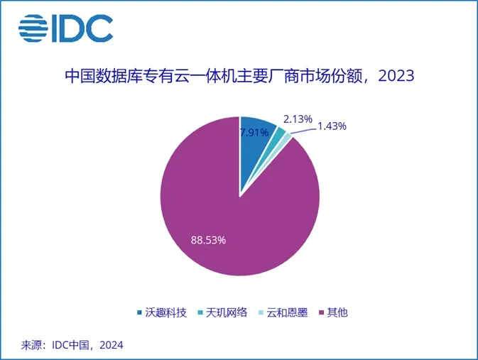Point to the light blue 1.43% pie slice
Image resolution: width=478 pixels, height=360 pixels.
287,138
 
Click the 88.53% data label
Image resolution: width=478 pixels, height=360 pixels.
208,240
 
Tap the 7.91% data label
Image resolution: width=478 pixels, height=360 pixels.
254,133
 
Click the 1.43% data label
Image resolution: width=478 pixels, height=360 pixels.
331,126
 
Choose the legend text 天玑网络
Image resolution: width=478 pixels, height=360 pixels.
227,312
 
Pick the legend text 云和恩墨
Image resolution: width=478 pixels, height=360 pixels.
288,312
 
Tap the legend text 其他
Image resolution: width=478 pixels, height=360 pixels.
338,312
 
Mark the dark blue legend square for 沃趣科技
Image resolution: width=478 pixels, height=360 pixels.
140,313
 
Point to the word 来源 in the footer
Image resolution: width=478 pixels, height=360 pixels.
30,344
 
